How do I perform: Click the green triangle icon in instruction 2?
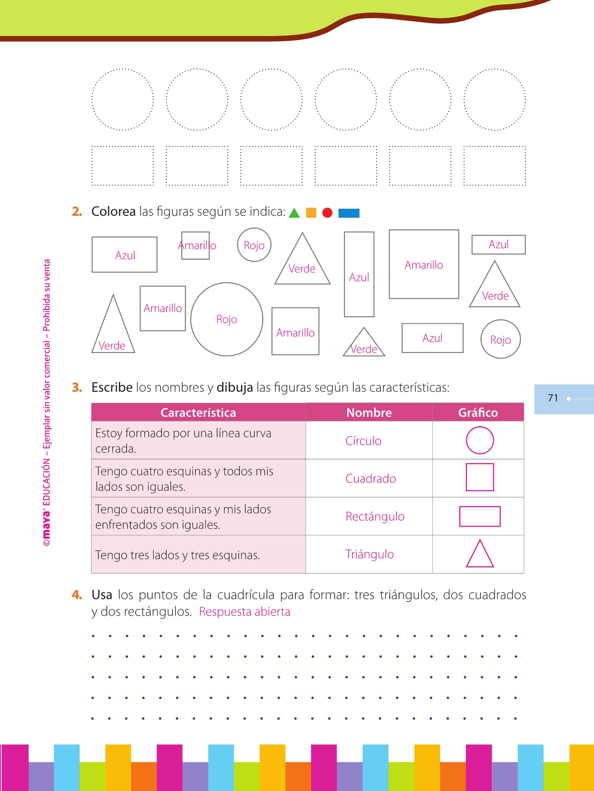[294, 213]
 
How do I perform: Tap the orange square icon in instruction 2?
[311, 213]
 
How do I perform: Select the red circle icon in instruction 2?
[327, 213]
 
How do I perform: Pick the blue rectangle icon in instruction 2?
[349, 213]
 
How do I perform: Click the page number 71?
[553, 398]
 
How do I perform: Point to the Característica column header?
[198, 413]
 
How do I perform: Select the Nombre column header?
[369, 413]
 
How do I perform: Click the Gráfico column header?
[478, 413]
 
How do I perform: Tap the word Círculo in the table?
[363, 441]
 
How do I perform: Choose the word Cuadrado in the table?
[370, 479]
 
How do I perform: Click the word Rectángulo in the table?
[375, 516]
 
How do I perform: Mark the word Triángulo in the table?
[370, 554]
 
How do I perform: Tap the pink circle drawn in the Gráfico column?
[467, 440]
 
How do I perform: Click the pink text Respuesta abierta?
[245, 612]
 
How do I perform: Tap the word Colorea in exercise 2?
[114, 211]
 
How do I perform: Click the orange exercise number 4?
[77, 595]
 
